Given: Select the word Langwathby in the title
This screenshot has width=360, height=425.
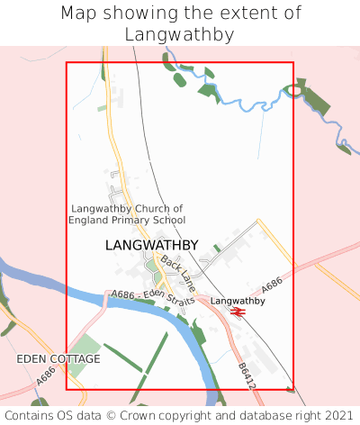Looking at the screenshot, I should (180, 35).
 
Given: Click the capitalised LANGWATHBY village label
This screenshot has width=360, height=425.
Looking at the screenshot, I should (151, 245).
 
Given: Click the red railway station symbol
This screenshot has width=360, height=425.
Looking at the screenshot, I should (238, 312).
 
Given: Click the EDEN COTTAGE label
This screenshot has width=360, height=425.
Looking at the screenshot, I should (58, 358).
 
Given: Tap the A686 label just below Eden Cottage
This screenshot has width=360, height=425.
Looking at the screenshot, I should (48, 381).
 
